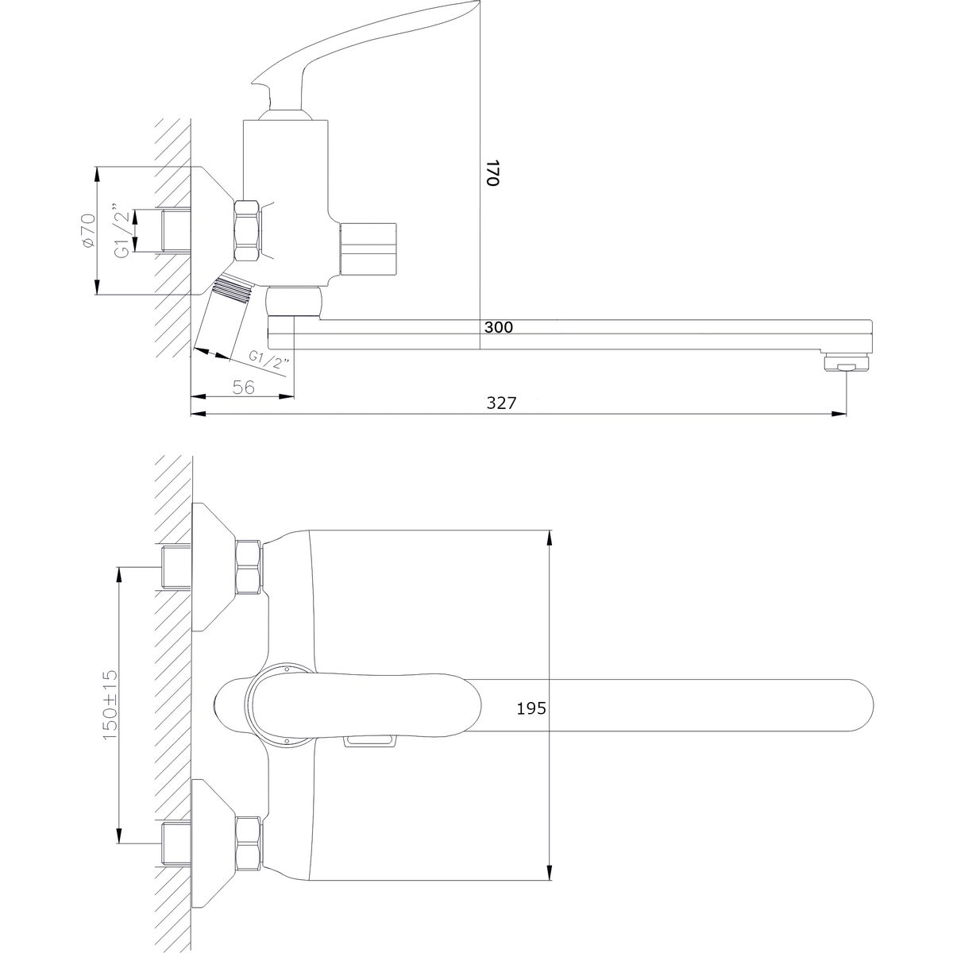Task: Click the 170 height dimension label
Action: point(493,172)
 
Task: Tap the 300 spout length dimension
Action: point(499,327)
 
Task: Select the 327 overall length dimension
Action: point(501,403)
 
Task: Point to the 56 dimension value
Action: point(243,388)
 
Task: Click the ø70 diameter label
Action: point(87,231)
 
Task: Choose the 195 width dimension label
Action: point(531,708)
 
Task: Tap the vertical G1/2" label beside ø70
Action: point(123,230)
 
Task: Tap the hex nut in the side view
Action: point(249,230)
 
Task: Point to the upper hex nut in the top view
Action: point(249,567)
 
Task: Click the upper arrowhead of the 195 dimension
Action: point(550,538)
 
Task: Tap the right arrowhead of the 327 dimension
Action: point(839,413)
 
